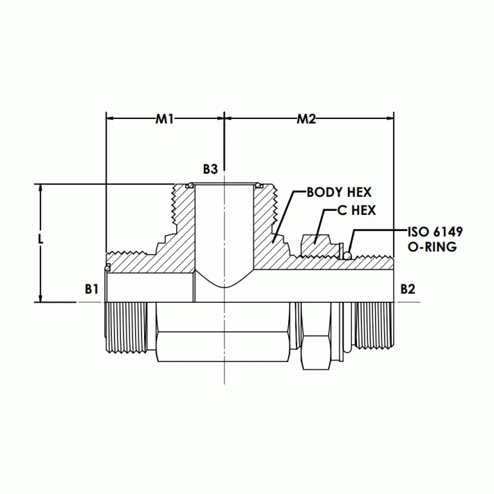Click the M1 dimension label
pos(165,119)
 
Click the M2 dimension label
pos(306,119)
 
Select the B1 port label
pos(91,289)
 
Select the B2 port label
pos(407,289)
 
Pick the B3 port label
pos(210,169)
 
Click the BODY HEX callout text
pos(339,192)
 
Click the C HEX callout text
pos(356,210)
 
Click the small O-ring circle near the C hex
pos(347,256)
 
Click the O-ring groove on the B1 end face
pos(107,266)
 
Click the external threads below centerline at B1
pos(125,328)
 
